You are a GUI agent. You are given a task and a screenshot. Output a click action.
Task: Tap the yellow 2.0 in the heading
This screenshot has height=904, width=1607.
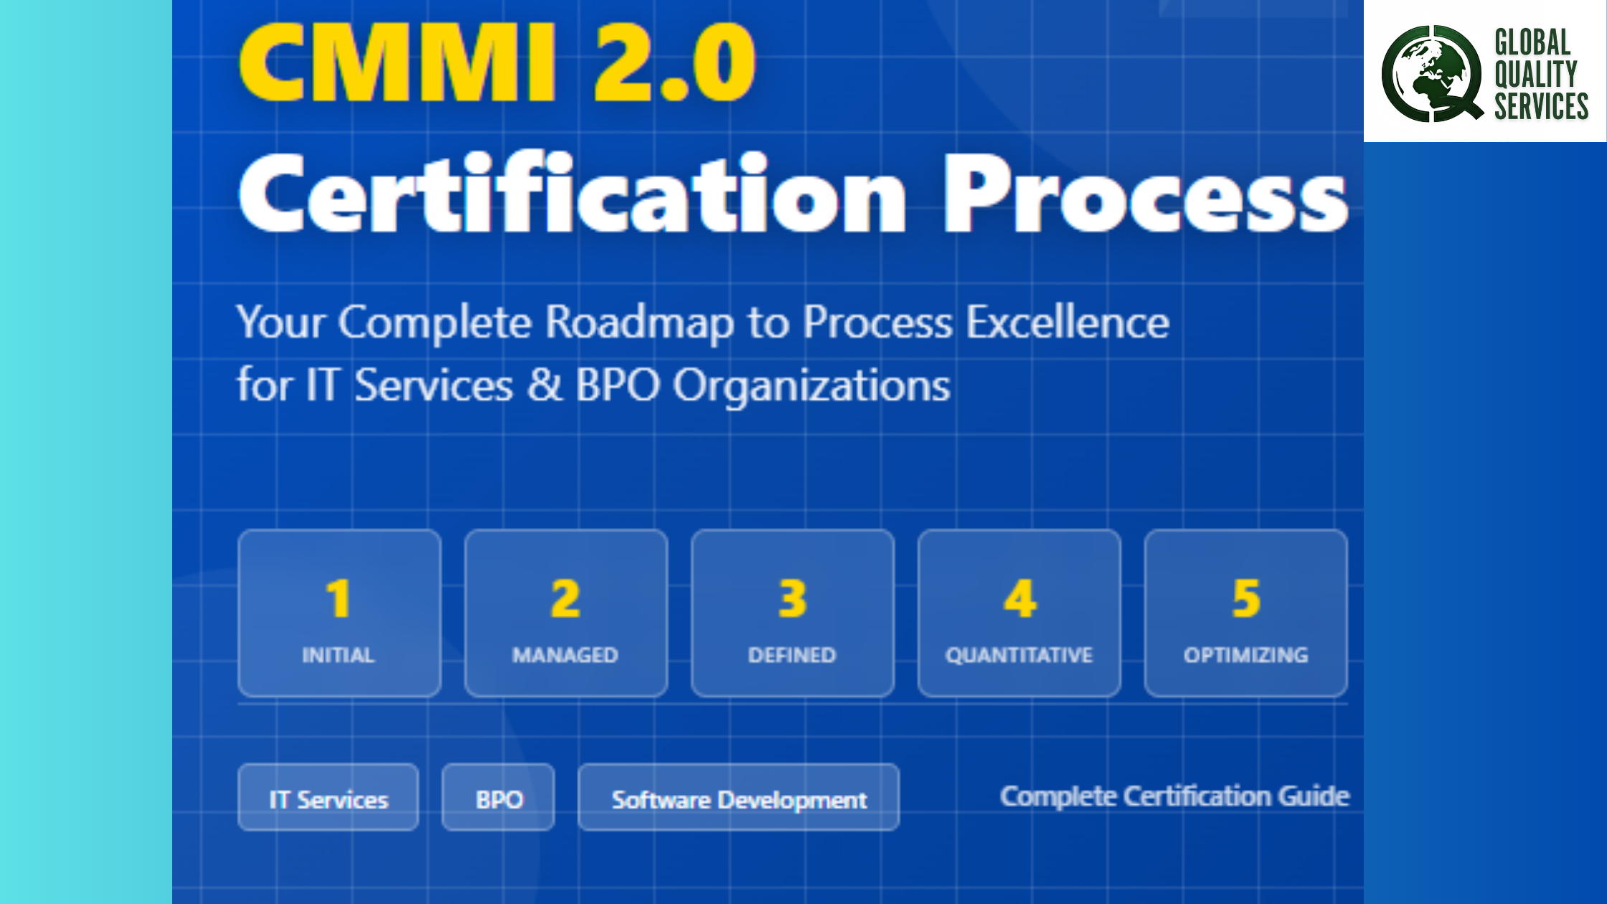coord(675,62)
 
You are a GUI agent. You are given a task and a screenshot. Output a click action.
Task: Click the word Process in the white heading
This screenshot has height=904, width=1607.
coord(1145,193)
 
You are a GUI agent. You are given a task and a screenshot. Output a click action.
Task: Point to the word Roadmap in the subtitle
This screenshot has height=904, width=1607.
coord(639,323)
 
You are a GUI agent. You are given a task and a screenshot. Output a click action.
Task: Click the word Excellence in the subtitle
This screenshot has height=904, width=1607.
coord(1068,322)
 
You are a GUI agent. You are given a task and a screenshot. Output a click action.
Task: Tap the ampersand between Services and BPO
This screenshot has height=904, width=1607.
coord(545,385)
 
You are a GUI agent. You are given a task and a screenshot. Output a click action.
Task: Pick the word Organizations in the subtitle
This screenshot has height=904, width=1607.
coord(811,387)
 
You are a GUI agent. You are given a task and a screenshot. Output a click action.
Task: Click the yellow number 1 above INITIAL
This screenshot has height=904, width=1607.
coord(338,599)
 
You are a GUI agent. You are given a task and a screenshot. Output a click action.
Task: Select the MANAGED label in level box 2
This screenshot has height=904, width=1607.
coord(565,655)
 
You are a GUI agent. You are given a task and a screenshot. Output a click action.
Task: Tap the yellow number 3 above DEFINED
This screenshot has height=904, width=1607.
coord(793,599)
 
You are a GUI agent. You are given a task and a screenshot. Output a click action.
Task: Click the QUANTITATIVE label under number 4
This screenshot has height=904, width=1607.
coord(1019,655)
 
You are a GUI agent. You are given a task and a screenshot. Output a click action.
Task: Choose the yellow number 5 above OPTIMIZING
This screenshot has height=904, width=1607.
coord(1246,599)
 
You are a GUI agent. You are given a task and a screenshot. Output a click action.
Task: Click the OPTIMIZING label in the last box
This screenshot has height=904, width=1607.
coord(1246,655)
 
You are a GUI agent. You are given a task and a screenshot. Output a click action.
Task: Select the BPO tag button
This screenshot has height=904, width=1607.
coord(498,797)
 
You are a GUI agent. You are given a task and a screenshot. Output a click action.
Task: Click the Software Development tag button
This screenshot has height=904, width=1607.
coord(738,797)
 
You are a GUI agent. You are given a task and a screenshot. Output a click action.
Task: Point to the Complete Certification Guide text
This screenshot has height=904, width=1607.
coord(1175,796)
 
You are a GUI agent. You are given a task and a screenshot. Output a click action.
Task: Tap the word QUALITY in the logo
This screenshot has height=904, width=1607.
coord(1536,75)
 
